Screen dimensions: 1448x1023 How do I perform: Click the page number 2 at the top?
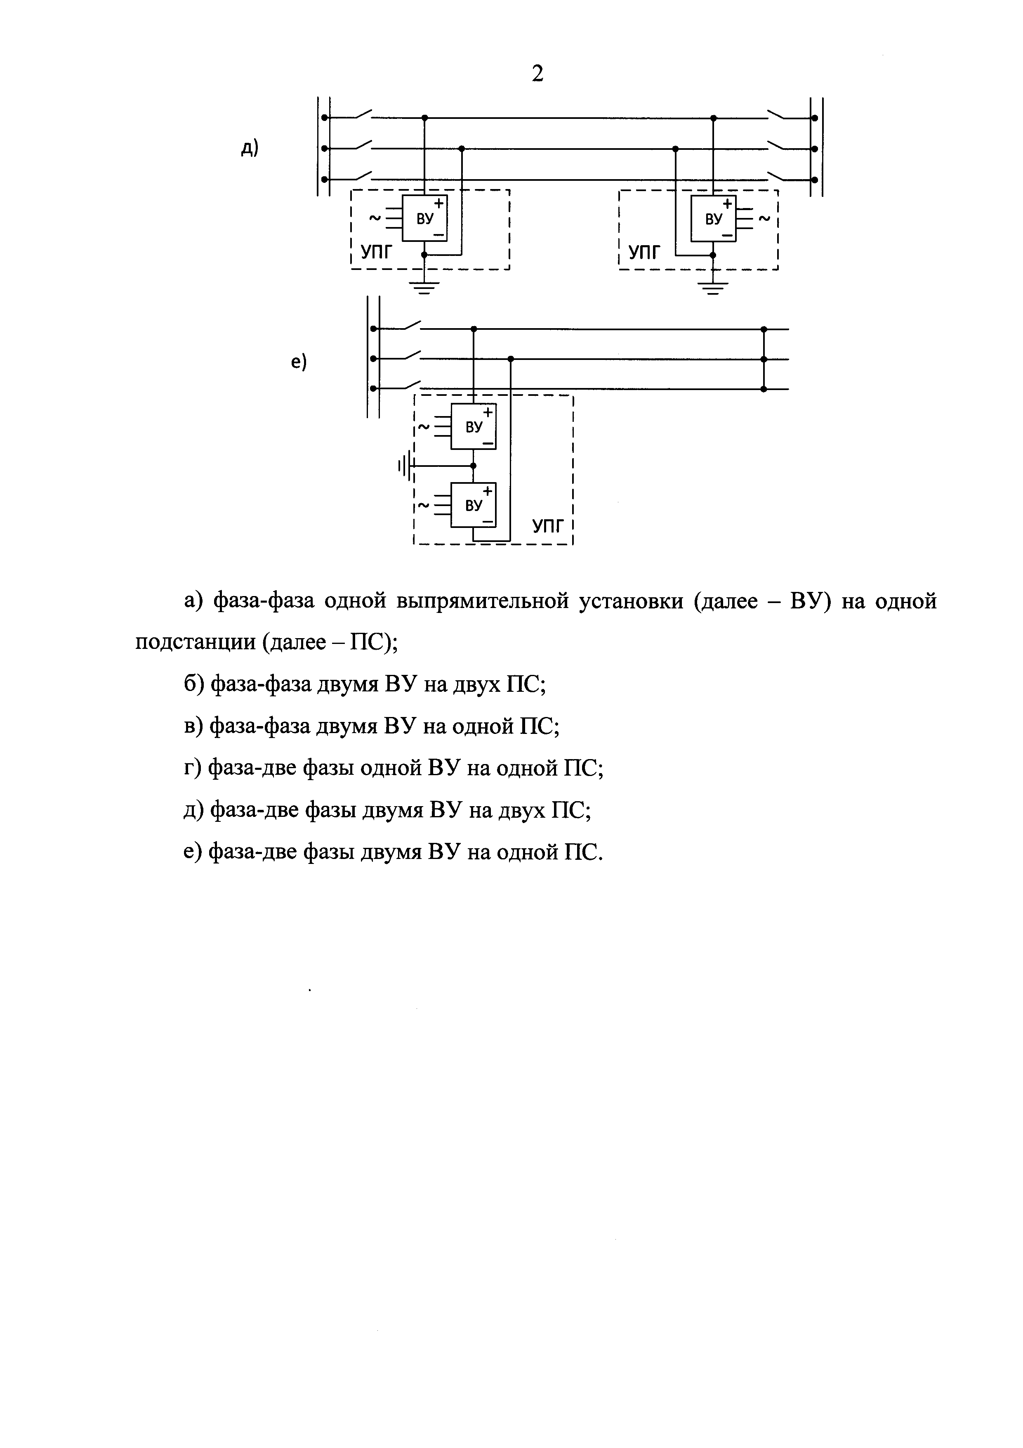(x=537, y=74)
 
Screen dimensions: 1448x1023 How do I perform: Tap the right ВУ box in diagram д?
(x=714, y=218)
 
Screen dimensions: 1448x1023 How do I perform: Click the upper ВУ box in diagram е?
(x=474, y=426)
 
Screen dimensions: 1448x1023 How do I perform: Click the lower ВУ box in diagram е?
(x=474, y=504)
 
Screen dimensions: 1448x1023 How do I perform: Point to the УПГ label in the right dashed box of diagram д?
(x=645, y=253)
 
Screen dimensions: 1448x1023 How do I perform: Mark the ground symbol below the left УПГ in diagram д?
(x=424, y=288)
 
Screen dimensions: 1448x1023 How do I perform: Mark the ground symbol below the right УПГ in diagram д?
(x=713, y=288)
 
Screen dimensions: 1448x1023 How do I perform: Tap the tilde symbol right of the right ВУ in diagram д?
(x=764, y=219)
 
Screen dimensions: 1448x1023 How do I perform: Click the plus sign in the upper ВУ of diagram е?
(x=487, y=411)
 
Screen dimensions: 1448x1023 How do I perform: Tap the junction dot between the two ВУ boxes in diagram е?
(x=474, y=466)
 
